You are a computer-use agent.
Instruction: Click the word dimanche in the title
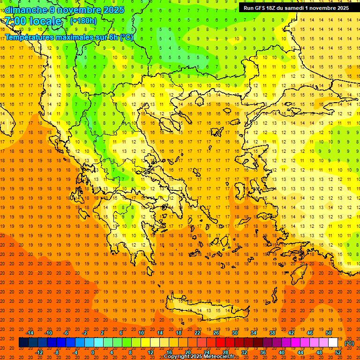pyautogui.click(x=26, y=10)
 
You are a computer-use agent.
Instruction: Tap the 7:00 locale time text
pyautogui.click(x=33, y=22)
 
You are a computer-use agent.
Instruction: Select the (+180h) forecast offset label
pyautogui.click(x=83, y=21)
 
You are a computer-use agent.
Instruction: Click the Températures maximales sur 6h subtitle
pyautogui.click(x=68, y=37)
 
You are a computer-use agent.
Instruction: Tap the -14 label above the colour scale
pyautogui.click(x=30, y=333)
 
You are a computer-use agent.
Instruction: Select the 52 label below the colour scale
pyautogui.click(x=338, y=352)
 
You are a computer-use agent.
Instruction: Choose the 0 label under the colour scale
pyautogui.click(x=92, y=352)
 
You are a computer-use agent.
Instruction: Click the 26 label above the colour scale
pyautogui.click(x=216, y=333)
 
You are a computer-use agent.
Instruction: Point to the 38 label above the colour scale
pyautogui.click(x=272, y=333)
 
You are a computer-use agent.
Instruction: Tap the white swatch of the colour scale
pyautogui.click(x=333, y=343)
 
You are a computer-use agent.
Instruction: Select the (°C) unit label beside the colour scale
pyautogui.click(x=349, y=343)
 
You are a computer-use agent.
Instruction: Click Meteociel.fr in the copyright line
pyautogui.click(x=217, y=357)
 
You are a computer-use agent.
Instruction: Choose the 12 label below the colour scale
pyautogui.click(x=150, y=352)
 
